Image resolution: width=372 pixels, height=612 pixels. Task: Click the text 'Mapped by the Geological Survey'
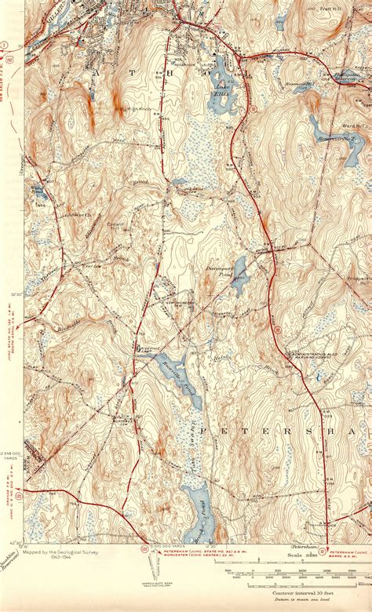tap(59, 552)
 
